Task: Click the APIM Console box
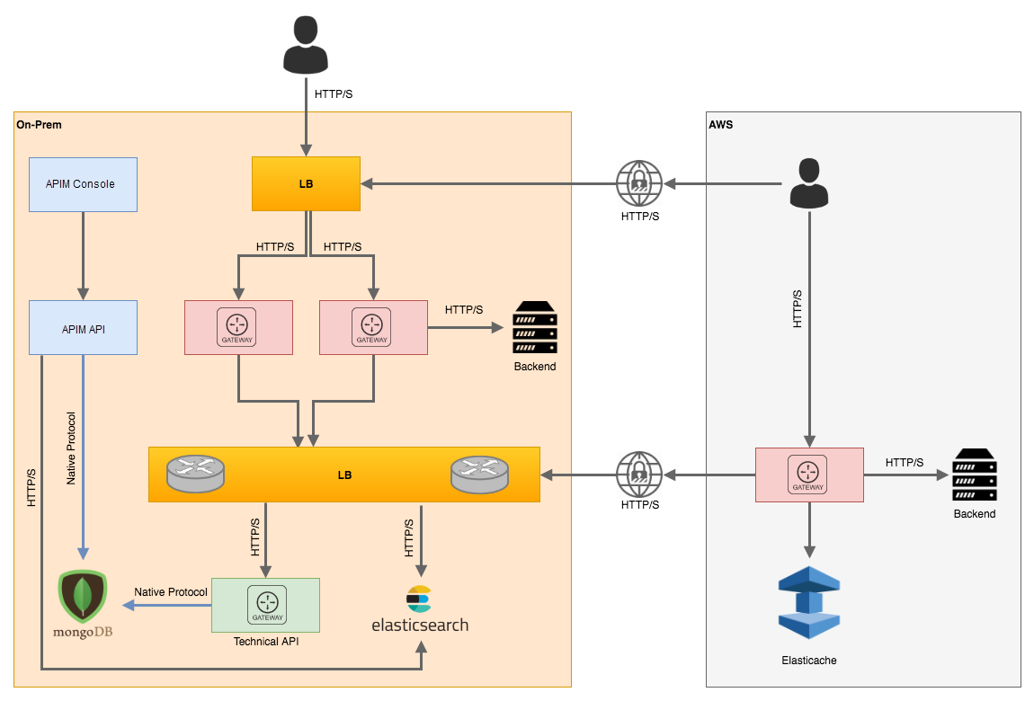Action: coord(83,184)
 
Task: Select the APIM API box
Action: coord(83,328)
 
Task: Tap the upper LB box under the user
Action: coord(306,183)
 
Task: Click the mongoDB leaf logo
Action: coord(82,596)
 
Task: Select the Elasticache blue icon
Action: coord(808,602)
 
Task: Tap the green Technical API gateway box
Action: coord(265,604)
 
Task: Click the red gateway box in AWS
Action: coord(809,475)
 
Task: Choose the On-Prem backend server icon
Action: coord(535,328)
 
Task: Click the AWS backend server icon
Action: coord(975,475)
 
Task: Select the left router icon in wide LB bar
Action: coord(195,473)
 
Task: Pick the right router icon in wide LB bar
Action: coord(479,474)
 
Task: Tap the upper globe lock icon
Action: coord(639,182)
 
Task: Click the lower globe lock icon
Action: coord(639,474)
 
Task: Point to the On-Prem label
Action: coord(40,124)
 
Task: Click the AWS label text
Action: coord(721,125)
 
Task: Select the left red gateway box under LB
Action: coord(238,327)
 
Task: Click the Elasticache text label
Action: coord(809,661)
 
